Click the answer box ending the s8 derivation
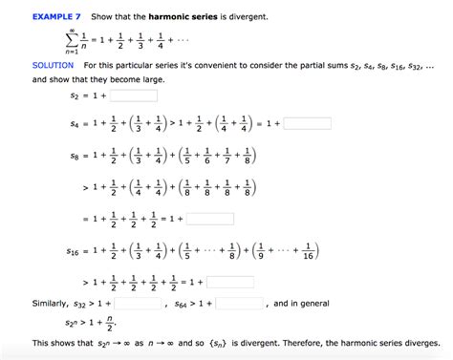click(x=210, y=218)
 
